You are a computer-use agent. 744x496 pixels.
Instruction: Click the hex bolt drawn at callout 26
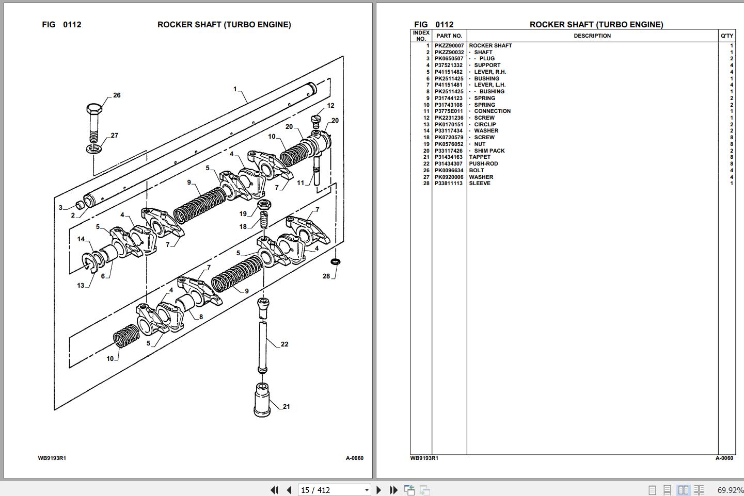pos(93,122)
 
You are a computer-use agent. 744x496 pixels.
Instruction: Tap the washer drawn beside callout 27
pos(94,149)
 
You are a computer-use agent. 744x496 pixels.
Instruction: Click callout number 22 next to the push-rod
pos(284,344)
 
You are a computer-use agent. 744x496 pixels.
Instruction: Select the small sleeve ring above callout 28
pos(335,262)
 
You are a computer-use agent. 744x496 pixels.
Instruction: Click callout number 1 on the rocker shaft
pos(235,89)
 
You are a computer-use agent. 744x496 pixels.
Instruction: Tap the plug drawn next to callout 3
pos(80,205)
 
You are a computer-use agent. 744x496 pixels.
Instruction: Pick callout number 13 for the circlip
pos(81,285)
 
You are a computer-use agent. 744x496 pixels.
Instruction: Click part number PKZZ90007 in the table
pos(449,45)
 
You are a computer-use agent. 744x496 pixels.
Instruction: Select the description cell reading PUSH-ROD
pos(483,164)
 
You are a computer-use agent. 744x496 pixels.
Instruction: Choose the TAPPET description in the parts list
pos(480,157)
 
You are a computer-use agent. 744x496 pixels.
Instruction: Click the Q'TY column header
pos(726,36)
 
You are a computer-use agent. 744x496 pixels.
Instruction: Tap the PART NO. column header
pos(449,36)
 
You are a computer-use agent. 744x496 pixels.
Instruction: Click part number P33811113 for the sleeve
pos(448,184)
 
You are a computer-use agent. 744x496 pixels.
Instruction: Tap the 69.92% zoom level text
pos(730,490)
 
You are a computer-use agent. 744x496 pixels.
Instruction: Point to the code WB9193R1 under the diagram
pos(52,458)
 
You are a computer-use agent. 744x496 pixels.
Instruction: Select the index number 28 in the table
pos(426,184)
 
